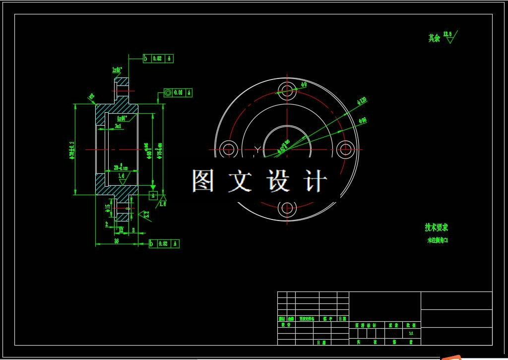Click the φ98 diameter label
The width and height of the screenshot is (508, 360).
pos(362,121)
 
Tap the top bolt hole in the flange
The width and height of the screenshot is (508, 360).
pos(287,90)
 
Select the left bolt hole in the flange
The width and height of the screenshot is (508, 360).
pos(228,149)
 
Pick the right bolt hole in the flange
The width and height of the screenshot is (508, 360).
pos(345,149)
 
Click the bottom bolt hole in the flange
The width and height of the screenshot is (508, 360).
pos(287,208)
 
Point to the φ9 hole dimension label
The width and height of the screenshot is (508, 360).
pos(304,84)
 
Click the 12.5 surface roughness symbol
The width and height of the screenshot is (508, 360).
pos(449,37)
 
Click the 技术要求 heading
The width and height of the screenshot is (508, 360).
pos(437,227)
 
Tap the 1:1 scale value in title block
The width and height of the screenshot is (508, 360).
pos(411,334)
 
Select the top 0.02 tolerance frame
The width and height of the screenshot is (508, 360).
pos(158,59)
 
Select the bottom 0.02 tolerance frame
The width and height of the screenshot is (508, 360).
pos(164,244)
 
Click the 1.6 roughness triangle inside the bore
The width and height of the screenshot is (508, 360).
pos(121,177)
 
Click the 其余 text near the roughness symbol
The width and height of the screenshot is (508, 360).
pos(434,38)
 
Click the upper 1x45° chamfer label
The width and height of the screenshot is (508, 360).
pos(117,70)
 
